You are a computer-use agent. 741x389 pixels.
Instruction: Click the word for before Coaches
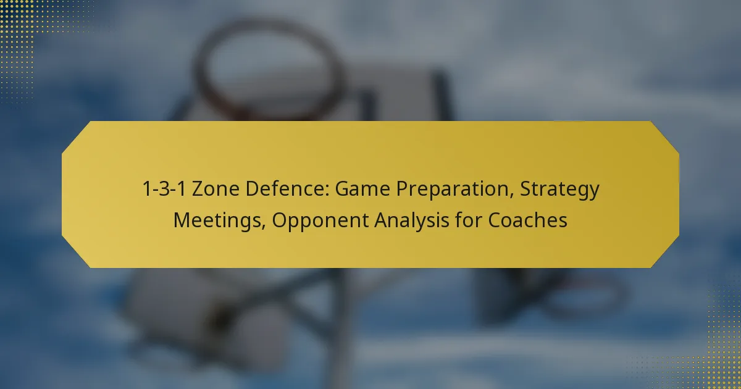click(472, 220)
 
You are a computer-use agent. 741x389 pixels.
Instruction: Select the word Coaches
click(528, 220)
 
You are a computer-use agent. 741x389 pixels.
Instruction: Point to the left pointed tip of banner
click(63, 194)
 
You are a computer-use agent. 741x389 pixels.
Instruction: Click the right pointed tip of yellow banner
click(678, 194)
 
